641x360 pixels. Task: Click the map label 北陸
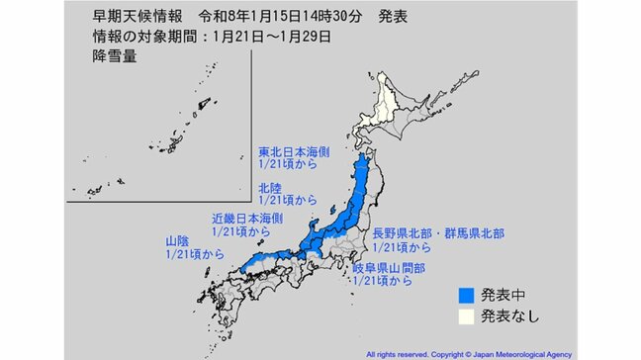273,184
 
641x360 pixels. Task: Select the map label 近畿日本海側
248,217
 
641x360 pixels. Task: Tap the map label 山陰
179,240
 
